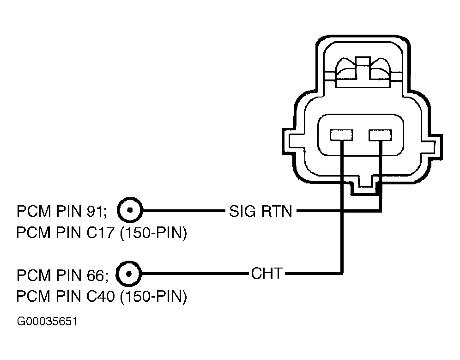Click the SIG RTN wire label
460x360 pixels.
pos(260,211)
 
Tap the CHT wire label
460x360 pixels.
pos(267,274)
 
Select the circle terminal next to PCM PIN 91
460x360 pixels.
pos(130,210)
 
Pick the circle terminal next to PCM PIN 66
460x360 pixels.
pos(128,274)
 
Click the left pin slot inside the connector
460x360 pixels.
pos(341,135)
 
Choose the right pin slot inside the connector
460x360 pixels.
pos(380,135)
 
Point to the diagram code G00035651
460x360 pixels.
pos(47,322)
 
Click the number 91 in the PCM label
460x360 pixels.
pos(97,211)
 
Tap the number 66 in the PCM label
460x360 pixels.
pos(97,275)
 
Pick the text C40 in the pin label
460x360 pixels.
pos(100,296)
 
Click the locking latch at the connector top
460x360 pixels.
pos(363,72)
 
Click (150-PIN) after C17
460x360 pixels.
pos(153,233)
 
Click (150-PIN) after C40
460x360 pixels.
pos(153,296)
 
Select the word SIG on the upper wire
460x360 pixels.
pos(242,211)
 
